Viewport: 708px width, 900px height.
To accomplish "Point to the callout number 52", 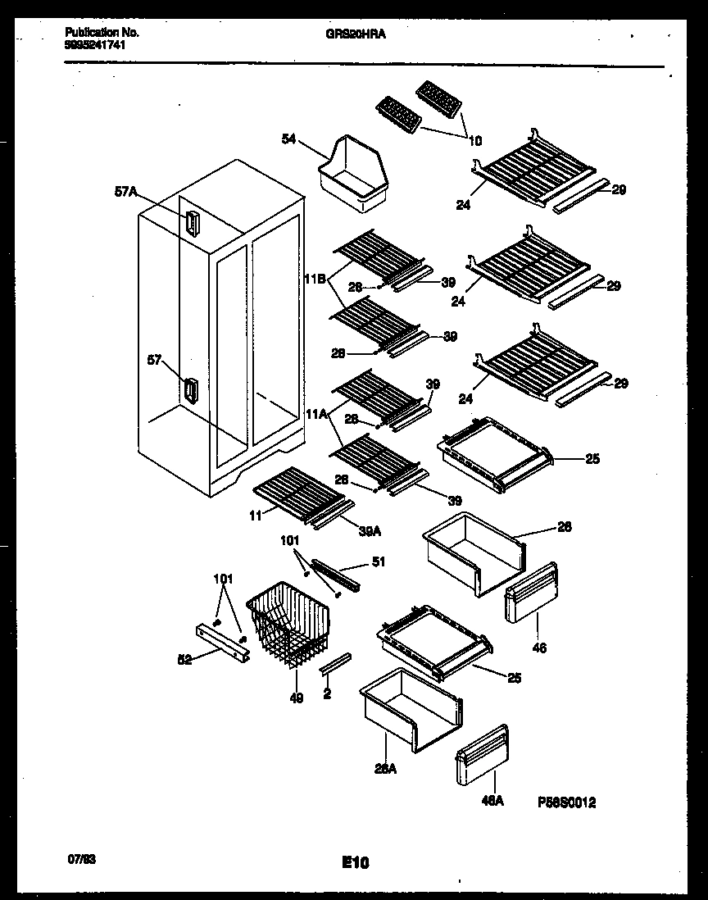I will (186, 659).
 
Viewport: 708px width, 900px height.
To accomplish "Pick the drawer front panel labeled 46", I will (531, 593).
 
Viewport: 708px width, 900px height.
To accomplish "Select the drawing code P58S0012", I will (566, 803).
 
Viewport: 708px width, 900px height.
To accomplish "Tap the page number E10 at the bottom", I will (355, 862).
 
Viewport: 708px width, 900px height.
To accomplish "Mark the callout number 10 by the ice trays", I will (474, 140).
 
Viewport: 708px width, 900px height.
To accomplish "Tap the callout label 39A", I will (370, 531).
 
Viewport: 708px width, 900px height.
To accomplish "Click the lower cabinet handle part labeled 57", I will (190, 391).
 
